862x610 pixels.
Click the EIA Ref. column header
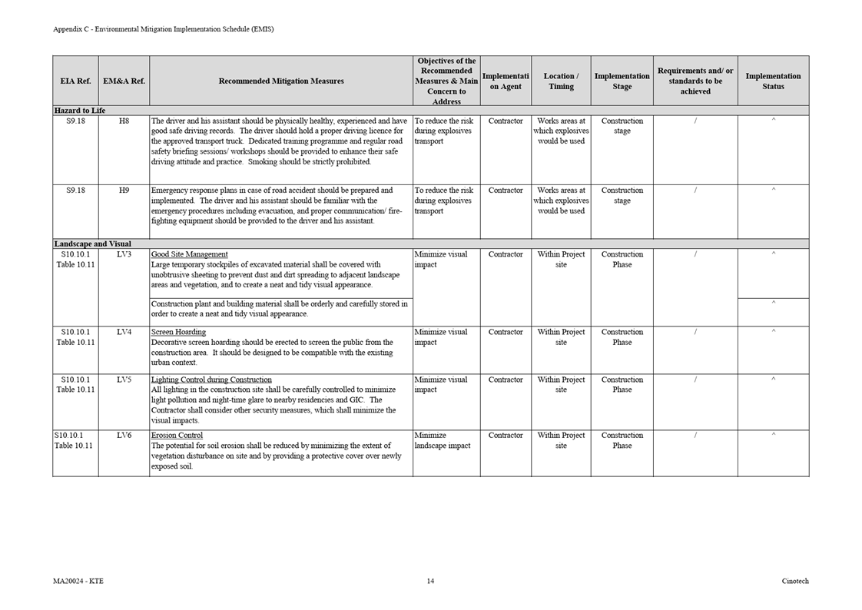click(x=75, y=81)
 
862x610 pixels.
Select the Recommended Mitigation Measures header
click(x=281, y=81)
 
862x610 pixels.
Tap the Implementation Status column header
click(x=773, y=81)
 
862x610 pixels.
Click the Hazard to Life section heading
click(x=80, y=111)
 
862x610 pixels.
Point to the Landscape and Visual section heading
click(x=92, y=244)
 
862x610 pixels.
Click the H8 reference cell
click(x=124, y=121)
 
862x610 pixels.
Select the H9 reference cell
click(x=124, y=190)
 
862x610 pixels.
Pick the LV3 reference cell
click(x=124, y=254)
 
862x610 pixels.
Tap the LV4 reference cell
click(x=124, y=332)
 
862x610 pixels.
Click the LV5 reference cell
click(x=124, y=380)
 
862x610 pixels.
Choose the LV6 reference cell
click(x=124, y=435)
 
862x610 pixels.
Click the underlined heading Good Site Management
click(x=190, y=254)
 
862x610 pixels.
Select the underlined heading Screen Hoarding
click(x=178, y=332)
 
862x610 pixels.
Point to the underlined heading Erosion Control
click(x=177, y=435)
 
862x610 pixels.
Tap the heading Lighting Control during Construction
click(x=211, y=380)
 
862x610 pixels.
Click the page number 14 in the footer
click(x=430, y=581)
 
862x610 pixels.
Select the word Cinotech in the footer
click(x=795, y=581)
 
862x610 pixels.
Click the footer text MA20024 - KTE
click(x=78, y=581)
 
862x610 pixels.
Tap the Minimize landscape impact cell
click(x=443, y=440)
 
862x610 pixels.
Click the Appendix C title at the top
click(x=163, y=29)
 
